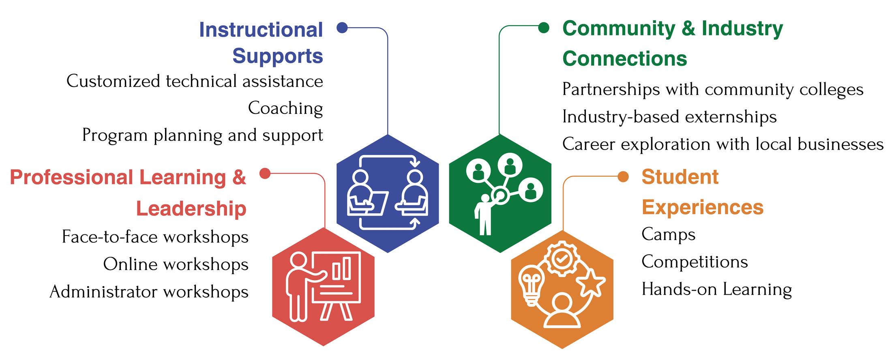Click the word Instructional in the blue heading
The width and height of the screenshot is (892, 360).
[x=261, y=30]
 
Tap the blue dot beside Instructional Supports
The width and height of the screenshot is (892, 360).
[x=342, y=28]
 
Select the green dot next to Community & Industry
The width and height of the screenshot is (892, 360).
[x=544, y=28]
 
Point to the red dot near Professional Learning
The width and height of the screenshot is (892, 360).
[x=265, y=174]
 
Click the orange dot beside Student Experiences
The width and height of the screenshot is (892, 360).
[x=623, y=177]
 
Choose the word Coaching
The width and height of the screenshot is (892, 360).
[x=285, y=108]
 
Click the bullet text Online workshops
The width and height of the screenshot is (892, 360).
[x=176, y=264]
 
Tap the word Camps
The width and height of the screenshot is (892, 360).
[x=668, y=234]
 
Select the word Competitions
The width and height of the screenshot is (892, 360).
[x=695, y=262]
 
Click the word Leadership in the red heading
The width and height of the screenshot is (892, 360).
[x=191, y=208]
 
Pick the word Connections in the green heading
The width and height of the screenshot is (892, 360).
[x=624, y=58]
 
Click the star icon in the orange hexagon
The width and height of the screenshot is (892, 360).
[x=590, y=282]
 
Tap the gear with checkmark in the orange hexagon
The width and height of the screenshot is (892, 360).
[x=562, y=258]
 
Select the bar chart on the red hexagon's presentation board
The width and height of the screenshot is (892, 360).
[x=341, y=267]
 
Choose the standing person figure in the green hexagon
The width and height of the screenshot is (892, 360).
[x=484, y=215]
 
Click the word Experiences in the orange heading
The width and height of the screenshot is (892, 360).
[x=702, y=207]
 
